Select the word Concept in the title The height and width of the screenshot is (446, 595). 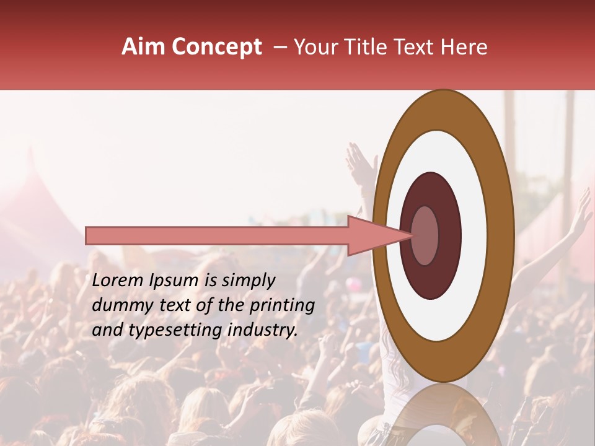(216, 47)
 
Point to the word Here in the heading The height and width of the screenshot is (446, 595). (465, 47)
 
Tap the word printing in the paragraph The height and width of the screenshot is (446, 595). (282, 305)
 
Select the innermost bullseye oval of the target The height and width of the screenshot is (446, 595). (425, 235)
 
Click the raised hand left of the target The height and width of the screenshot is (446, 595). (361, 162)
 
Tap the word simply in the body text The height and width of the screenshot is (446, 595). (248, 281)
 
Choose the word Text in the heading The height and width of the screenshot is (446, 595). (416, 47)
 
